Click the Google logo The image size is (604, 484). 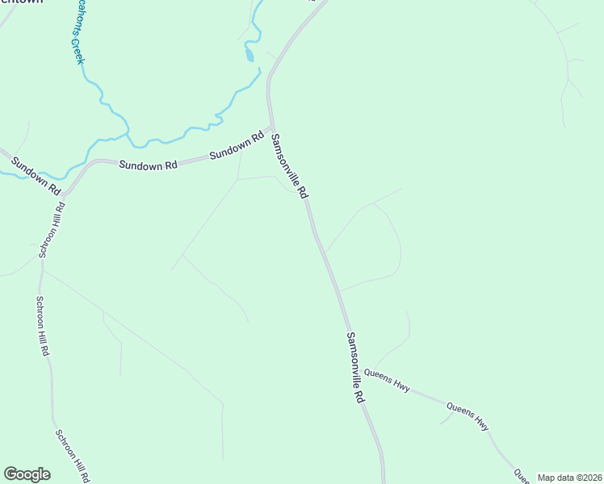coord(27,474)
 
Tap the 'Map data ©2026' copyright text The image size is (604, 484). coord(570,478)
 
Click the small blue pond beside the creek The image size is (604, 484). coord(250,55)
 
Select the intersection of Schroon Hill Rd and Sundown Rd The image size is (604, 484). coord(65,194)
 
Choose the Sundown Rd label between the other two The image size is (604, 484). coord(148,165)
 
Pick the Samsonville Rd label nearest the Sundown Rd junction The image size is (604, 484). coord(290,165)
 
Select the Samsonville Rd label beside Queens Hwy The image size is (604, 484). coord(356,367)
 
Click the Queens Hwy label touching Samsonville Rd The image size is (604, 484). coord(387,379)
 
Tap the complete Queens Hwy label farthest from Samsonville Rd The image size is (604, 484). coord(468,412)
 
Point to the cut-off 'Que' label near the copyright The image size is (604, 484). coord(522,475)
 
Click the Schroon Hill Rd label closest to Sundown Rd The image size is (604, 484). coord(50,230)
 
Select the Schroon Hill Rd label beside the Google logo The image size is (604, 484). coord(73,455)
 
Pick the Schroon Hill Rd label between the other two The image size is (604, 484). coord(43,326)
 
